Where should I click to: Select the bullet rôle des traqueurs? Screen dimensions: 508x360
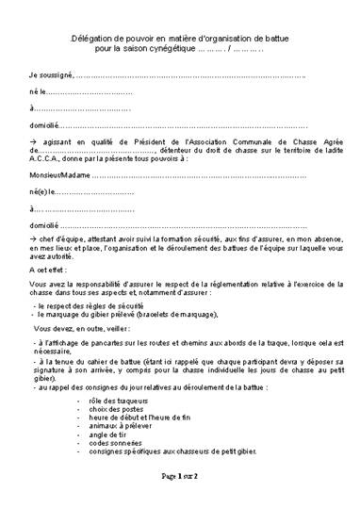pos(140,403)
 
